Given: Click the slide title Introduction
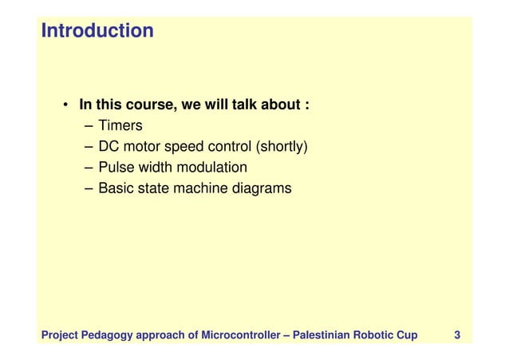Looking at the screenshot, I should click(97, 31).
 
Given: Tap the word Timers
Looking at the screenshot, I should click(120, 125).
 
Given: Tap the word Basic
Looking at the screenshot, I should click(116, 189).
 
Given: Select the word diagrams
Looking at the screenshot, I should click(262, 189).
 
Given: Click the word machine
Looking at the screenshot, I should click(199, 189).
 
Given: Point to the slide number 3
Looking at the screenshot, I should click(456, 334).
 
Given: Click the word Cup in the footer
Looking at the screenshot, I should click(405, 334).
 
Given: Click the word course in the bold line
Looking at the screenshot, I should click(147, 105).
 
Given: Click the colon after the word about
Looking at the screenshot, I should click(307, 106).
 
